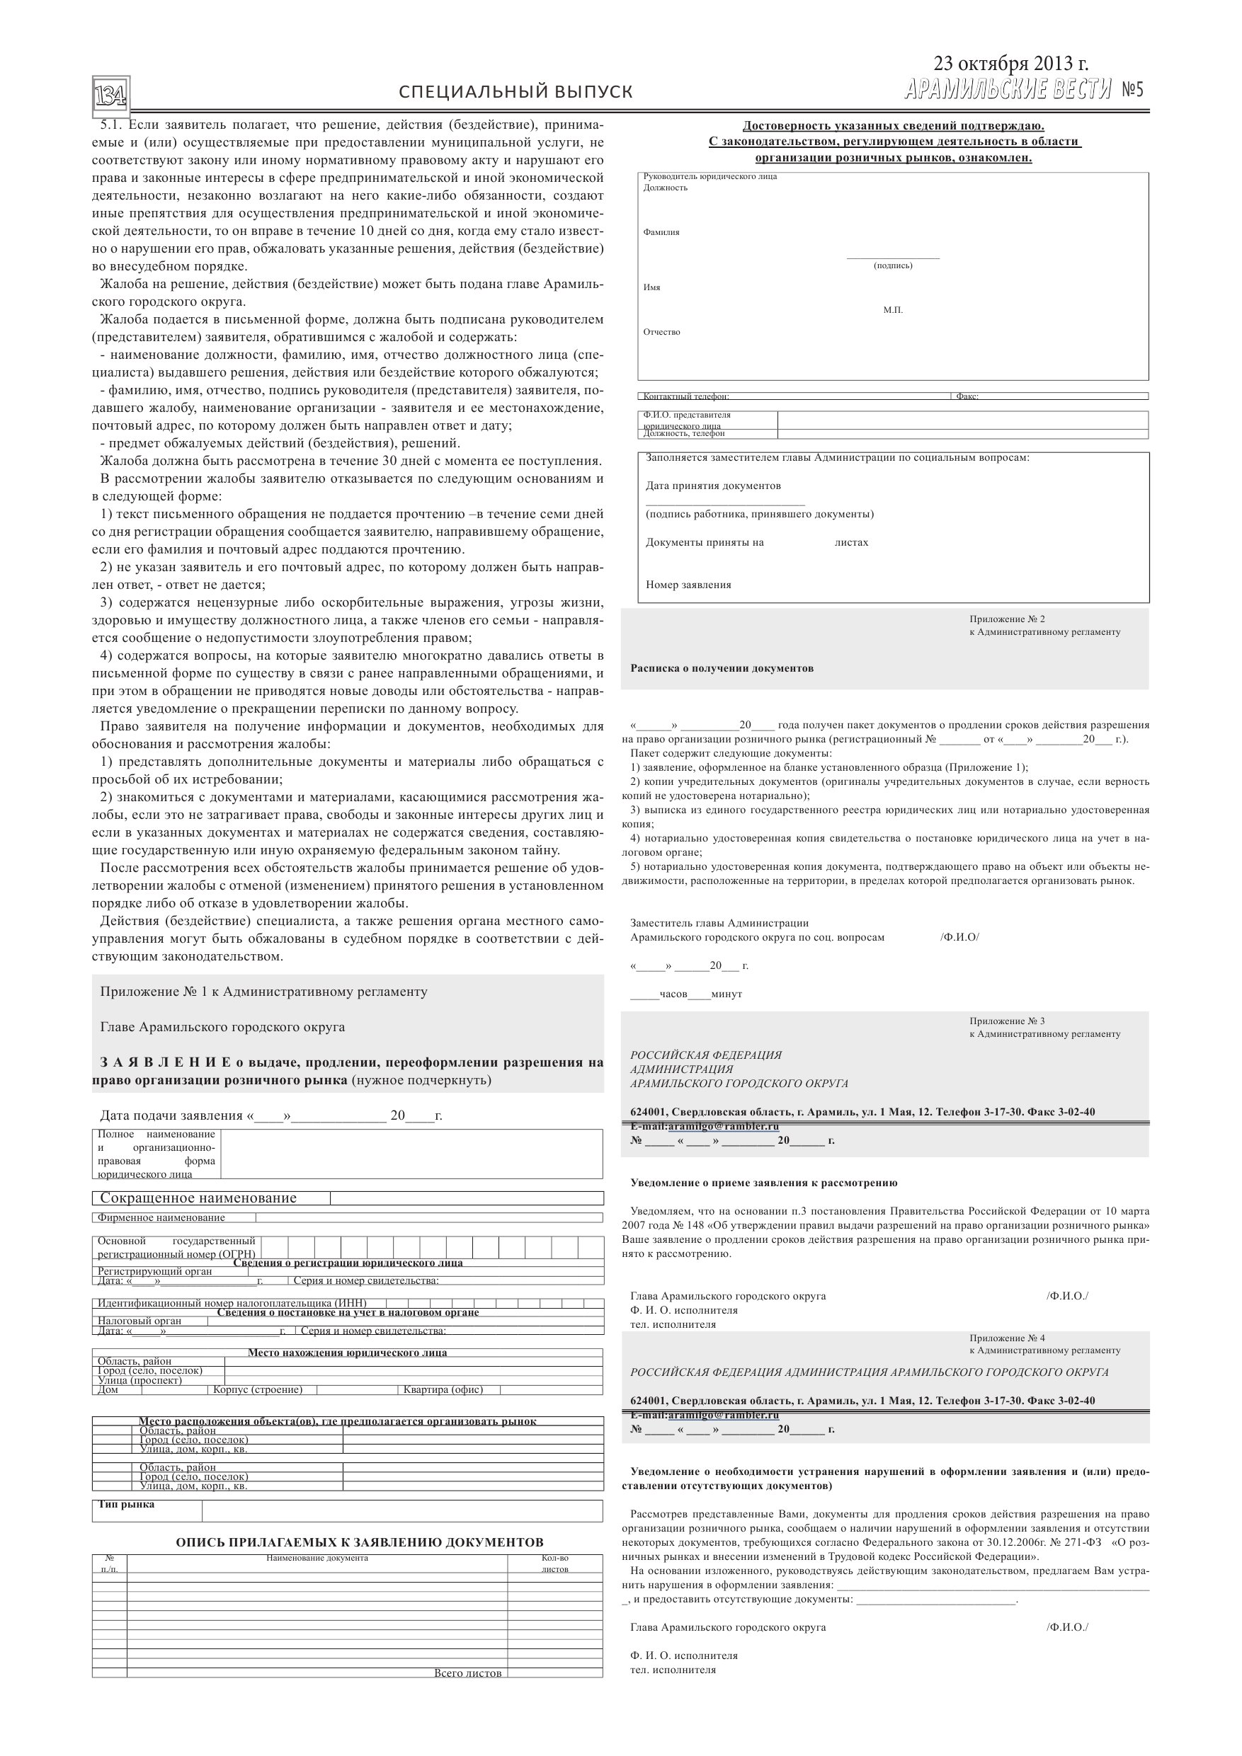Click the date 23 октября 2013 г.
pos(1010,64)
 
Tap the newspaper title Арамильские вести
pos(1007,91)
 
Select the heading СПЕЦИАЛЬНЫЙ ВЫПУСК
pos(515,93)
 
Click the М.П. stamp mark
pos(893,311)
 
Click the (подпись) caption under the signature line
pos(893,265)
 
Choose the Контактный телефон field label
pos(685,396)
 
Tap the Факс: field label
pos(967,396)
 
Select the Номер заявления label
pos(688,585)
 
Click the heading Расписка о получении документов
pos(722,668)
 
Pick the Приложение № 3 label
pos(1006,1021)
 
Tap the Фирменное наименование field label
pos(161,1217)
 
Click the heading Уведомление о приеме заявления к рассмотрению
pos(764,1183)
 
